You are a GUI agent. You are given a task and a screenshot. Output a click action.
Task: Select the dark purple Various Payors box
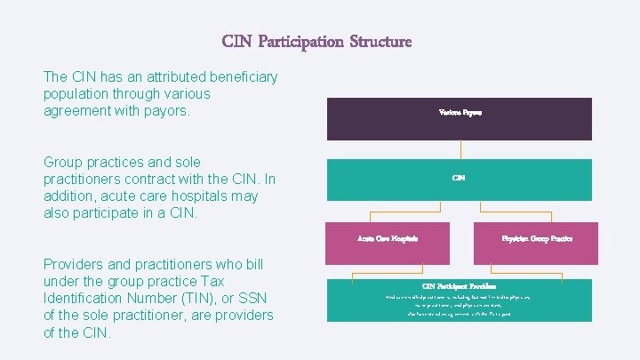click(x=460, y=119)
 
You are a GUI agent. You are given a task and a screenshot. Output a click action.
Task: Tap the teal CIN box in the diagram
click(x=460, y=180)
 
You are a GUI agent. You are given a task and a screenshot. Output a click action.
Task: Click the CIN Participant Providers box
click(x=460, y=300)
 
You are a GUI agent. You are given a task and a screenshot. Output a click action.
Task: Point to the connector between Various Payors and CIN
click(x=460, y=149)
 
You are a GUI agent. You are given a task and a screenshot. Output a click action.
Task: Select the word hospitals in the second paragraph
click(x=194, y=196)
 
